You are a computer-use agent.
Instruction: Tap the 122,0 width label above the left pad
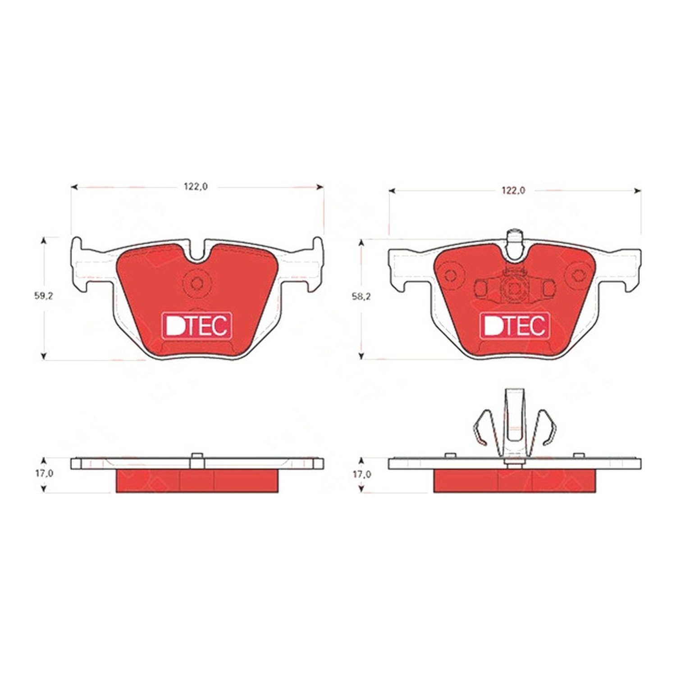[196, 187]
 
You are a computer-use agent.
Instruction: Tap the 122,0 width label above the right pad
[513, 191]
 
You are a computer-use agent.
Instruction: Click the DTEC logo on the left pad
[197, 325]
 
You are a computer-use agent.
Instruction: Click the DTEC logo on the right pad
[515, 325]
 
